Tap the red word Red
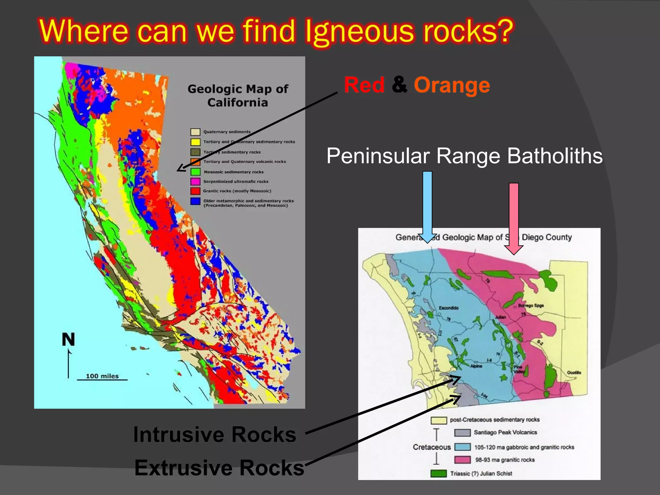tap(364, 85)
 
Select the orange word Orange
tap(452, 85)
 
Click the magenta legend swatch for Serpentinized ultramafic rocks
tap(195, 181)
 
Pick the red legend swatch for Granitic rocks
tap(195, 191)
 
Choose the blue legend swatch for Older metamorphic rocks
tap(195, 201)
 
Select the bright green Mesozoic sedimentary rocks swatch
tap(195, 172)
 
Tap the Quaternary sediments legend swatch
tap(195, 132)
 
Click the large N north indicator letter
tap(68, 340)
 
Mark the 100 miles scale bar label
tap(102, 376)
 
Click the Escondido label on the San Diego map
tap(449, 308)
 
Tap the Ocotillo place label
tap(574, 373)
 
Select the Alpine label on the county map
tap(476, 366)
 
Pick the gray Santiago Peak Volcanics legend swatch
tap(462, 432)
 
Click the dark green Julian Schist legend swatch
tap(439, 473)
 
